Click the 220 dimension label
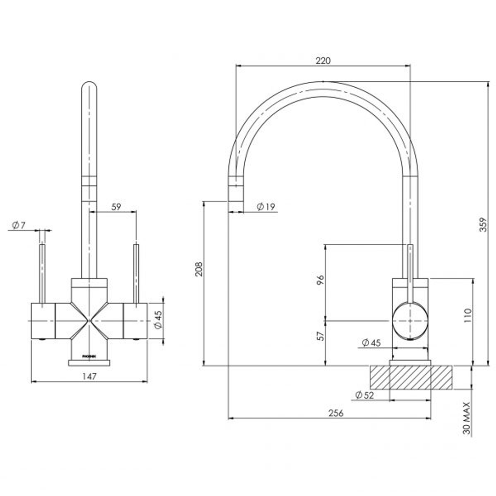(323, 60)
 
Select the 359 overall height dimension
(482, 224)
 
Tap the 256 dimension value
(336, 413)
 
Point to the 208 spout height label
(198, 270)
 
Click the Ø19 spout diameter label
(265, 207)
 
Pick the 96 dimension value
(321, 280)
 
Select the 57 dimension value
(321, 336)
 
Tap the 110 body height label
(468, 316)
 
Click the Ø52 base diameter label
(365, 395)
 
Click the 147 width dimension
(90, 377)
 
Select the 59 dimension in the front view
(116, 207)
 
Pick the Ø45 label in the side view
(371, 342)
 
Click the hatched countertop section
(411, 378)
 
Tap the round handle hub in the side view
(410, 320)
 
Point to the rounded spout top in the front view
(89, 88)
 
